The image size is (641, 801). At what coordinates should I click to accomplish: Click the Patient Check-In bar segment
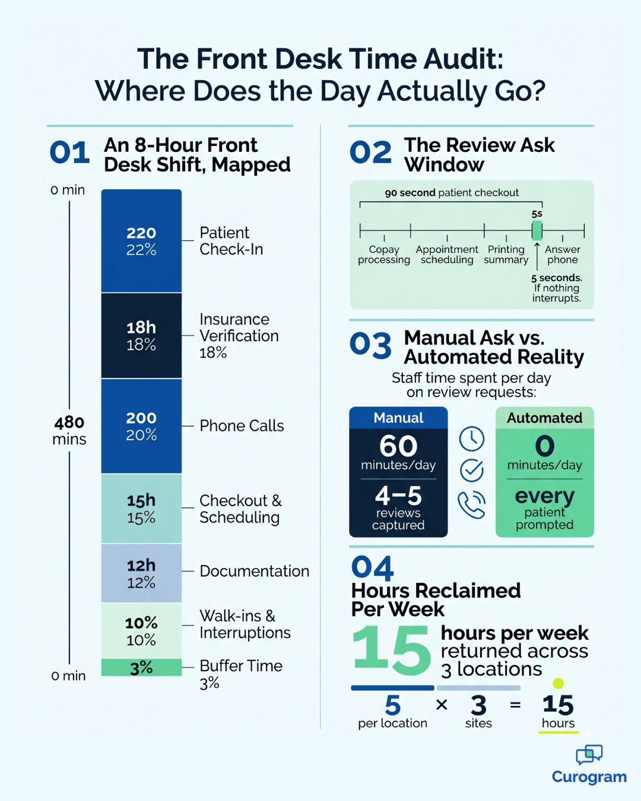tap(141, 241)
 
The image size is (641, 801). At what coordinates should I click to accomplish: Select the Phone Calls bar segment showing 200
tap(141, 426)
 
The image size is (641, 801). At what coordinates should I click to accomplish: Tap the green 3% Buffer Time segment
tap(141, 667)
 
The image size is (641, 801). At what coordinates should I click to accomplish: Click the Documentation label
tap(254, 571)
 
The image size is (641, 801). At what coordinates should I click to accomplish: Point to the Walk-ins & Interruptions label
tap(245, 624)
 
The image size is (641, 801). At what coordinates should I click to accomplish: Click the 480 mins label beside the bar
tap(69, 431)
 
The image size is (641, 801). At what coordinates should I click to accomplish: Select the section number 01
tap(69, 153)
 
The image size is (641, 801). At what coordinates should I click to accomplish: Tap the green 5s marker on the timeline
tap(537, 230)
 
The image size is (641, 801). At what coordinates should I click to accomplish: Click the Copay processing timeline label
tap(383, 255)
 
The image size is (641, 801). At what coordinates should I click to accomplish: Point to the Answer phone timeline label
tap(562, 255)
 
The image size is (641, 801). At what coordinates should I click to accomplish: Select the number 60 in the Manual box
tap(398, 446)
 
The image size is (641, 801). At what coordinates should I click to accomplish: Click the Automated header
tap(544, 418)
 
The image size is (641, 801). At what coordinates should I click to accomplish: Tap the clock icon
tap(472, 439)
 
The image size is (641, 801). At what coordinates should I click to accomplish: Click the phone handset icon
tap(471, 504)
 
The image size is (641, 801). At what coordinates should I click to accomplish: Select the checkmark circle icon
tap(472, 471)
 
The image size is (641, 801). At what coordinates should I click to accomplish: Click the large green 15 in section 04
tap(391, 651)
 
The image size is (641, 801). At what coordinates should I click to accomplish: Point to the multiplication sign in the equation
tap(442, 705)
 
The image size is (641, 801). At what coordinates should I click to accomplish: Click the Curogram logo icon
tap(589, 755)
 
